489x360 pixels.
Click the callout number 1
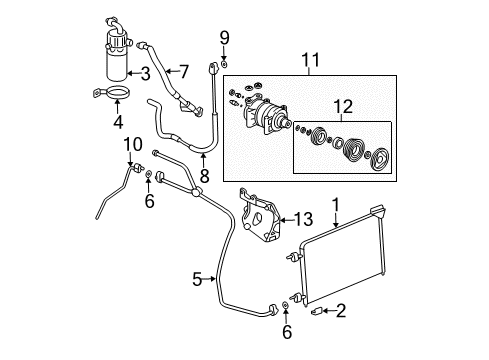click(335, 206)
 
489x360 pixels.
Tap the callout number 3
click(146, 72)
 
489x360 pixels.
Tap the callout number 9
click(224, 38)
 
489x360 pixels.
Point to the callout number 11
click(307, 64)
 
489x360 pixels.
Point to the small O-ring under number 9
click(224, 67)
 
